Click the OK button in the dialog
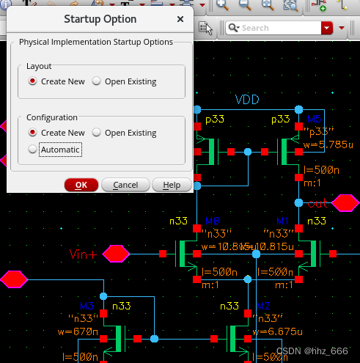click(81, 185)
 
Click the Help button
click(172, 185)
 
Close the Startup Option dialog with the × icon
click(180, 19)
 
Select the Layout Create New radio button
click(32, 81)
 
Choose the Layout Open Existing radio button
click(96, 81)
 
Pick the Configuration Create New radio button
click(32, 133)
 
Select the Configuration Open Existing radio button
click(96, 133)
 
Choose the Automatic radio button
click(32, 149)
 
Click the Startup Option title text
click(100, 19)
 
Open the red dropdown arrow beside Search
click(327, 28)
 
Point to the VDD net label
click(247, 100)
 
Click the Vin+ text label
click(83, 254)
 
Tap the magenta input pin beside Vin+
click(116, 254)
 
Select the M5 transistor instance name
click(314, 119)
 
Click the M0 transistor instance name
click(213, 221)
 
